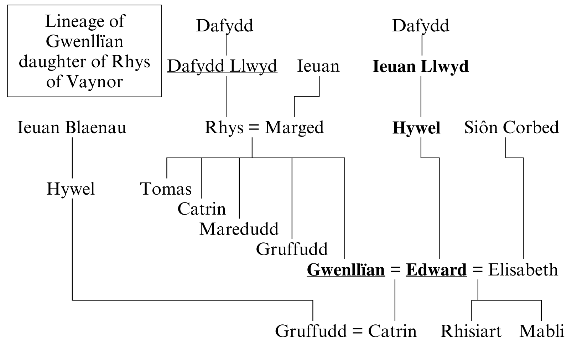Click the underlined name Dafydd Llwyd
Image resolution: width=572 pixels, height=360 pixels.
pos(222,66)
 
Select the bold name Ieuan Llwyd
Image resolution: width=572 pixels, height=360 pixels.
pos(420,67)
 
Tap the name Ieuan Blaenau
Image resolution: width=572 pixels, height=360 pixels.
pos(72,128)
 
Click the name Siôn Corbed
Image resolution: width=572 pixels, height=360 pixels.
pos(511,128)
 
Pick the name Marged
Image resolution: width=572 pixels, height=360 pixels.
pos(294,128)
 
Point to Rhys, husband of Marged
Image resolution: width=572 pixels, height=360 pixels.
pos(224,128)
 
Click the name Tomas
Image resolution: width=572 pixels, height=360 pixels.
pos(166,189)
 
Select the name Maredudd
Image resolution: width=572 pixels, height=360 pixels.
pos(239,229)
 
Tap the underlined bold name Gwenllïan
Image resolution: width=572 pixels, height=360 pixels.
pos(346,270)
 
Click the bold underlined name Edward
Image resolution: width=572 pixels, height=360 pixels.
pos(436,270)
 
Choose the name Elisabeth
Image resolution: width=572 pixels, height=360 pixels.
pos(523,270)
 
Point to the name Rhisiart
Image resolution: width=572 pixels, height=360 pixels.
pos(471,331)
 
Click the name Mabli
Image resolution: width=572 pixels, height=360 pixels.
pos(542,331)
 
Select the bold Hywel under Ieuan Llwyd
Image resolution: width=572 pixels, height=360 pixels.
pos(416,128)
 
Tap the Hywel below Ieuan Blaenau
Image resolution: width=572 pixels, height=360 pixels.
pos(71,189)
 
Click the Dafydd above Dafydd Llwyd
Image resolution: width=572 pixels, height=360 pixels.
pos(224,26)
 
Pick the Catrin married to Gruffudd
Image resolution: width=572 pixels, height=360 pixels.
pos(392,331)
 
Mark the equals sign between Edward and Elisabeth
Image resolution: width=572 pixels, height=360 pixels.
pos(477,270)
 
